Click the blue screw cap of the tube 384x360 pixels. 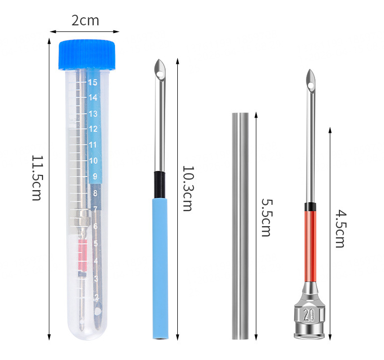pos(87,54)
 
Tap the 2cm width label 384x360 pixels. pos(85,21)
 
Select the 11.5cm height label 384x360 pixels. pos(37,177)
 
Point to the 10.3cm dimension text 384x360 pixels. pos(188,189)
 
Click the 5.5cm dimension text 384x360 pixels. pos(266,218)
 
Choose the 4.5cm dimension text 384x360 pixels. pos(340,228)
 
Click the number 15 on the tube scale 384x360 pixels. pos(93,82)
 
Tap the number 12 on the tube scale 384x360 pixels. pos(93,129)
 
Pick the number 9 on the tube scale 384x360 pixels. pos(95,176)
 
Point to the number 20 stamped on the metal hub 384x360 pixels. pos(309,315)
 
